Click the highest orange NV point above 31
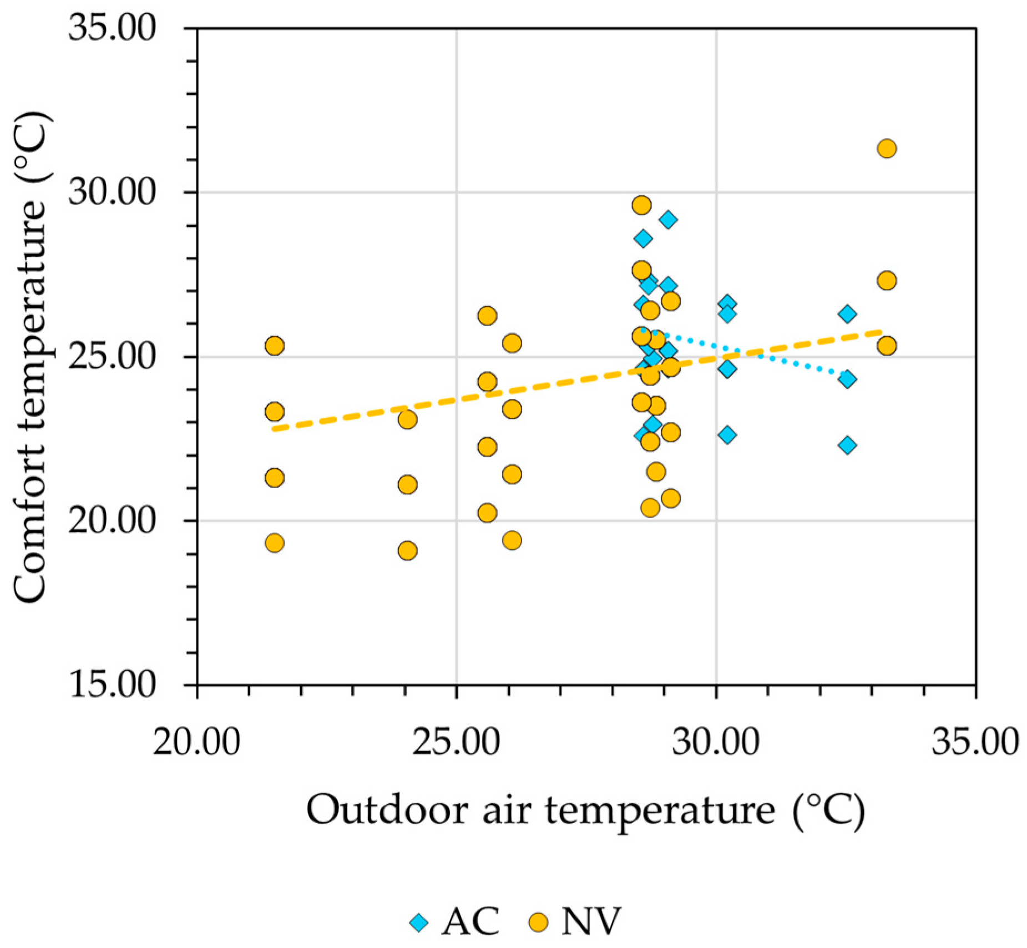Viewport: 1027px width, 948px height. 886,148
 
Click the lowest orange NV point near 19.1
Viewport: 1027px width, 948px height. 407,550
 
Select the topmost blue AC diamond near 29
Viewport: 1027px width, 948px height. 668,219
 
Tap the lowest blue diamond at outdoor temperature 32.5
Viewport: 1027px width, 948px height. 847,444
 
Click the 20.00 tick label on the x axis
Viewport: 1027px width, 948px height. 196,742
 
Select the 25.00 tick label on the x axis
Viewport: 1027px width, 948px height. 456,742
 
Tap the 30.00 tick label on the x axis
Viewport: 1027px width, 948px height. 715,742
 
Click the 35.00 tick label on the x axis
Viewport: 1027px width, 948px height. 975,742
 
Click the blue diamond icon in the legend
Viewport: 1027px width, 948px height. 419,922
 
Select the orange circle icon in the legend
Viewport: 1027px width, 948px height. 538,922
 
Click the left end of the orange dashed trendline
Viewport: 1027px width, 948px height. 275,428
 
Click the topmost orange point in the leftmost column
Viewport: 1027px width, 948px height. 274,346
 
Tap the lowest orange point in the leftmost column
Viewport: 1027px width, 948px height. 274,543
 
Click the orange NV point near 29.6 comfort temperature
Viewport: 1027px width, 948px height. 641,205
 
